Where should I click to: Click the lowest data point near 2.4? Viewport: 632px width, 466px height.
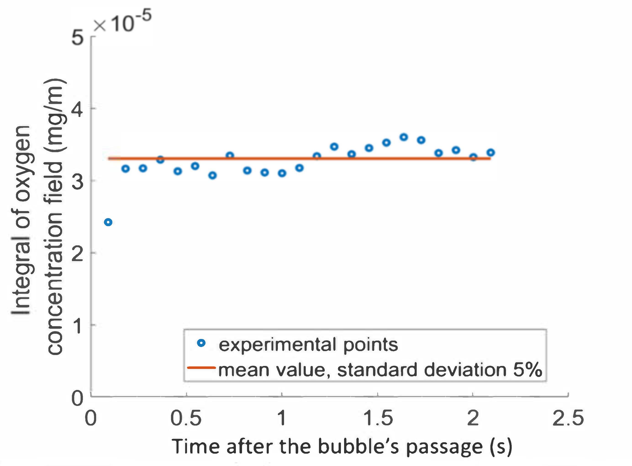coord(108,222)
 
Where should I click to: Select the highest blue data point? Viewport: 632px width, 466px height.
coord(404,137)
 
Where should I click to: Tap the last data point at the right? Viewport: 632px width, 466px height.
coord(490,153)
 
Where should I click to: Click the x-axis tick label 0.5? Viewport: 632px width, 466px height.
coord(186,418)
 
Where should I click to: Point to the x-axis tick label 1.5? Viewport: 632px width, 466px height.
coord(378,418)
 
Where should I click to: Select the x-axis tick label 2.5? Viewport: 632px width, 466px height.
coord(568,418)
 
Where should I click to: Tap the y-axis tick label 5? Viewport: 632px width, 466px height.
coord(77,37)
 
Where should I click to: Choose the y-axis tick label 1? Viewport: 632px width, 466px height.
coord(77,326)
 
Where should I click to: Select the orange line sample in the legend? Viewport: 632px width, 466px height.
coord(201,368)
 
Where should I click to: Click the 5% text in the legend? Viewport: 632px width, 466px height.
coord(527,370)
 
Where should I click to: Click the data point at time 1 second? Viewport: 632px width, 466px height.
coord(282,173)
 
